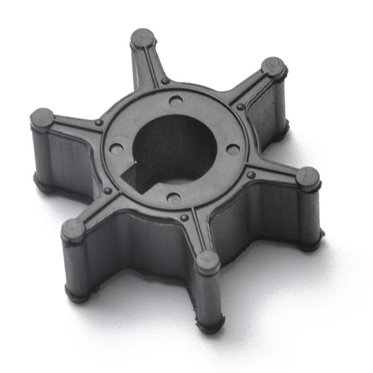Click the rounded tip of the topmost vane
tap(142, 37)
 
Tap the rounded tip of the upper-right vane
tap(273, 66)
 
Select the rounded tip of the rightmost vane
tap(308, 177)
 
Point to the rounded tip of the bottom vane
tap(207, 262)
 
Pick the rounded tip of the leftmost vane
tap(42, 117)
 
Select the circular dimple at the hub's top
tap(176, 101)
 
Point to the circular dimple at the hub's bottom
tap(173, 198)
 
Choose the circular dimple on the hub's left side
tap(116, 149)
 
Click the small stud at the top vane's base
tap(165, 81)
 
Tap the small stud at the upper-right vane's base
tap(241, 106)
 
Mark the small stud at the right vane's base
tap(251, 175)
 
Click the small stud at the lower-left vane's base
tap(108, 191)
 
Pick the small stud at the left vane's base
tap(98, 122)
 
